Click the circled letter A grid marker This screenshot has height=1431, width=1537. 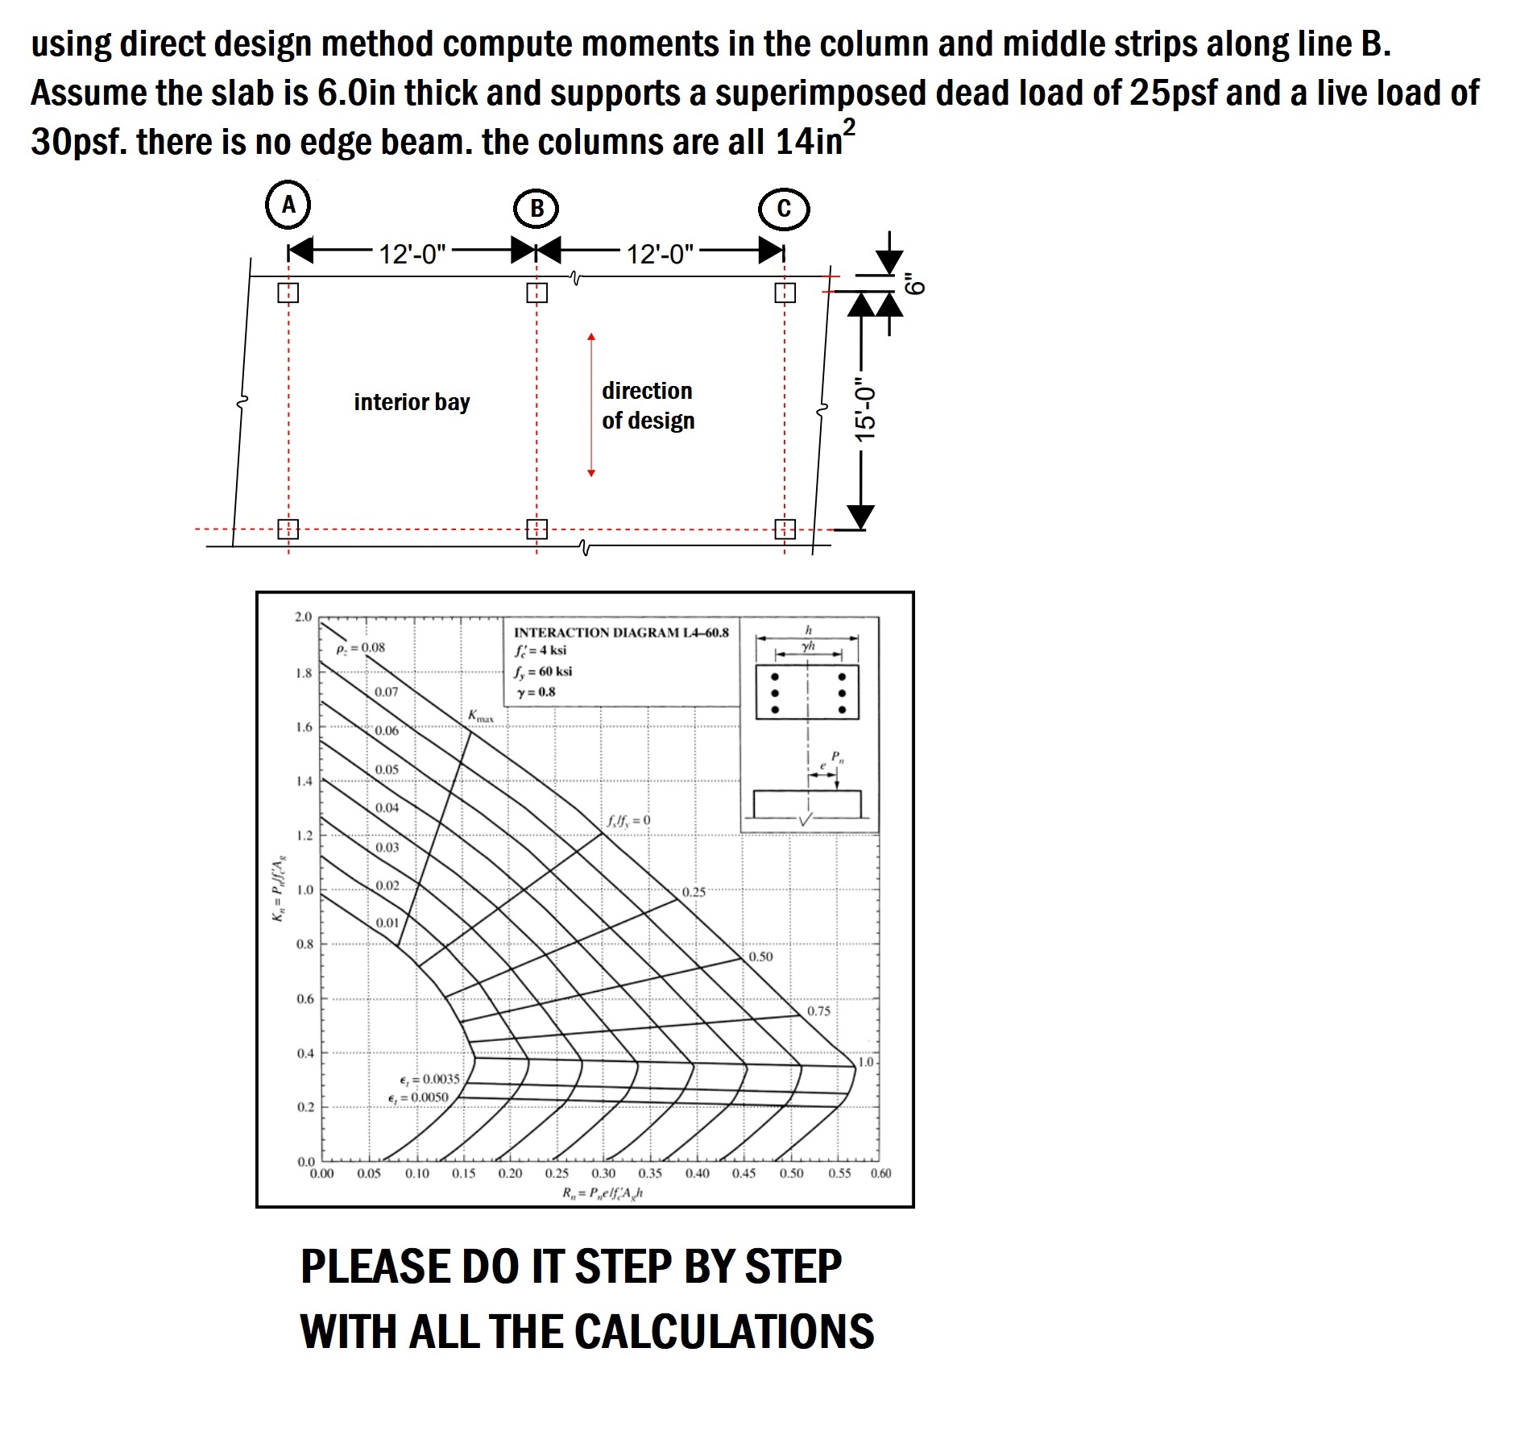(288, 205)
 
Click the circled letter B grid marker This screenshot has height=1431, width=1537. (536, 209)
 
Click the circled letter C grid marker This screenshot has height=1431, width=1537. (784, 209)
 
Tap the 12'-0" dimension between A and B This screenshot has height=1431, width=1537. (412, 254)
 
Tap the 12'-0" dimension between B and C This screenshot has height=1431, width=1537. (660, 254)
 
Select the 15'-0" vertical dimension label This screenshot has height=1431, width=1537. (865, 409)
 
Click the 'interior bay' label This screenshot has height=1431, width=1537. (412, 402)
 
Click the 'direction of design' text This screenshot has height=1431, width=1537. (648, 405)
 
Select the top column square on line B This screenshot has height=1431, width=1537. (536, 292)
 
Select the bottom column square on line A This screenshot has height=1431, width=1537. (288, 529)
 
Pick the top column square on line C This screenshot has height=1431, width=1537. (785, 292)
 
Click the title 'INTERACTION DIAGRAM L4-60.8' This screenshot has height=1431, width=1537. (620, 633)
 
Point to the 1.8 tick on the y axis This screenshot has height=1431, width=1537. (304, 673)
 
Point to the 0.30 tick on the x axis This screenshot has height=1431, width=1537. (603, 1173)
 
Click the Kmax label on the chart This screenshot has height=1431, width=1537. (481, 715)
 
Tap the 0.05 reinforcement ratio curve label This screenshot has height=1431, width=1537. (387, 769)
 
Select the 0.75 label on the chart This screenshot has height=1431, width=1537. (818, 1010)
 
